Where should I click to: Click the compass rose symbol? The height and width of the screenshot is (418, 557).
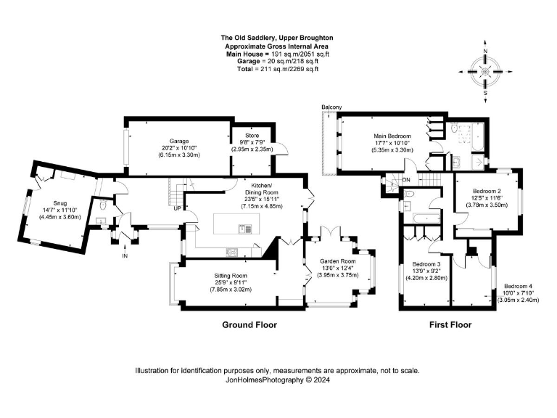click(484, 71)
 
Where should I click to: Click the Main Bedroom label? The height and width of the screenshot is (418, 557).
click(392, 136)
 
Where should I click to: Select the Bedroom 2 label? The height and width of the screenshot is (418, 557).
click(482, 191)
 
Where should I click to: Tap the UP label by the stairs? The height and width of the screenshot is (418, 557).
click(177, 209)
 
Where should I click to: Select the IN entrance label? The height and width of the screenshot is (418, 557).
click(124, 256)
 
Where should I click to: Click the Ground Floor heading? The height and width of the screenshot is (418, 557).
click(249, 325)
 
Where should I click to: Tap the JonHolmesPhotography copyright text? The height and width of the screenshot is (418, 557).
click(278, 379)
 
